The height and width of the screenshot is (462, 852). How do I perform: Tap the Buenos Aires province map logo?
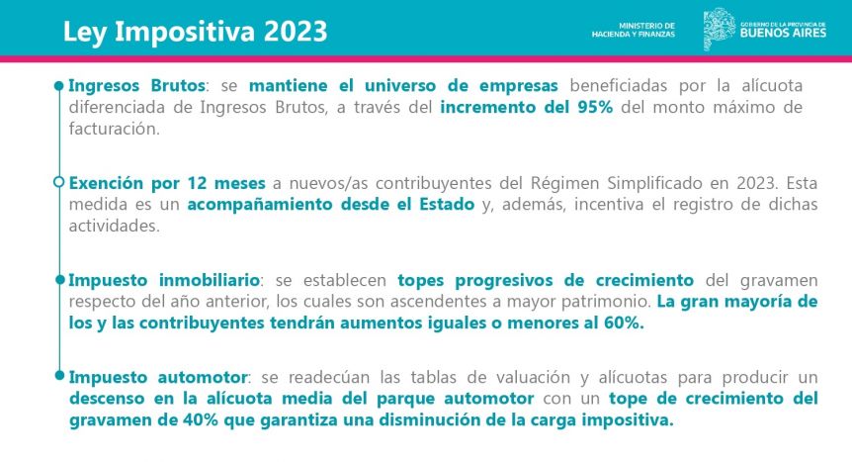[x=720, y=29]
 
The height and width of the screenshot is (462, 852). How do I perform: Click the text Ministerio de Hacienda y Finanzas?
[x=633, y=30]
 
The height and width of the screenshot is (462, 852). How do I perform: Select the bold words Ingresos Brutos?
[x=137, y=85]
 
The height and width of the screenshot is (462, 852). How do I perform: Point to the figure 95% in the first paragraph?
[x=595, y=107]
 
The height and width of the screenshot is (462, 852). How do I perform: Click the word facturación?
[x=114, y=129]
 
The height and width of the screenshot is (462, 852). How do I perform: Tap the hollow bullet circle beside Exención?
[x=59, y=182]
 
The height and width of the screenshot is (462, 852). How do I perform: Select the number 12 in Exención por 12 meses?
[x=198, y=183]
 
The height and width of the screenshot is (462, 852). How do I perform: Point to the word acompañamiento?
[x=260, y=205]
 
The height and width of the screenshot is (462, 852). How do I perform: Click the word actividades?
[x=114, y=226]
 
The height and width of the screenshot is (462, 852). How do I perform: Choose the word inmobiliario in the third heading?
[x=210, y=280]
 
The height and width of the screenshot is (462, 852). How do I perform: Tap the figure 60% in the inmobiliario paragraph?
[x=624, y=323]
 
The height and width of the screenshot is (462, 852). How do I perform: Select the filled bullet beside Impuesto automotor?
[x=59, y=376]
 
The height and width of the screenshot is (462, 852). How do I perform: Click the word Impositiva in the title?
[x=185, y=32]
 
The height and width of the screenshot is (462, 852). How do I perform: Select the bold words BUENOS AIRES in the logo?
[x=783, y=33]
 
